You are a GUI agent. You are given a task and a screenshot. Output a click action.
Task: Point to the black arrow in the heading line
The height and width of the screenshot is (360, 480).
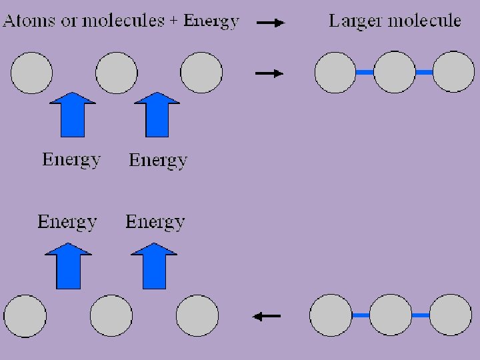[x=270, y=23]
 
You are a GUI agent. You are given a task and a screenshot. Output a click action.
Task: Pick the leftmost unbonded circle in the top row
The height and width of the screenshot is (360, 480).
[x=31, y=73]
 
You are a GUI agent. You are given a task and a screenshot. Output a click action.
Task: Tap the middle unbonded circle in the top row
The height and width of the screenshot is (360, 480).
[x=116, y=73]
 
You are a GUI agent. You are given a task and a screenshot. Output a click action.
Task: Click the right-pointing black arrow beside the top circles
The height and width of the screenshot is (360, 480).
[x=269, y=73]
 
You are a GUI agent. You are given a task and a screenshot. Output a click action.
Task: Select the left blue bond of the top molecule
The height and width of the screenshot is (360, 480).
[x=365, y=72]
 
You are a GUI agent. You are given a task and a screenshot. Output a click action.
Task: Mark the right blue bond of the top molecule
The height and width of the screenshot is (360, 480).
[x=424, y=72]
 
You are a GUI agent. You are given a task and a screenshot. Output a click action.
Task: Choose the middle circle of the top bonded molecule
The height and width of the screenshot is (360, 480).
[x=394, y=72]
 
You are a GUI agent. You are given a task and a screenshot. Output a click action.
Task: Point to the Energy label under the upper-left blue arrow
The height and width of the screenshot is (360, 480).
[x=71, y=159]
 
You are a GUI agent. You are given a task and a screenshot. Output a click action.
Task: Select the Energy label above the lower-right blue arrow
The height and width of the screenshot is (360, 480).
[x=155, y=221]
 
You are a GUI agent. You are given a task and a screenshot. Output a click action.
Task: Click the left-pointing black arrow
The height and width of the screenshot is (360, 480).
[x=267, y=316]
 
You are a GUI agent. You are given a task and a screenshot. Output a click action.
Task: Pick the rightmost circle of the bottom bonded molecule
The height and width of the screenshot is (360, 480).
[x=451, y=315]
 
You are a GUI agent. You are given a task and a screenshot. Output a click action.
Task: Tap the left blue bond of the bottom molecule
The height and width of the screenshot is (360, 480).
[x=361, y=315]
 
